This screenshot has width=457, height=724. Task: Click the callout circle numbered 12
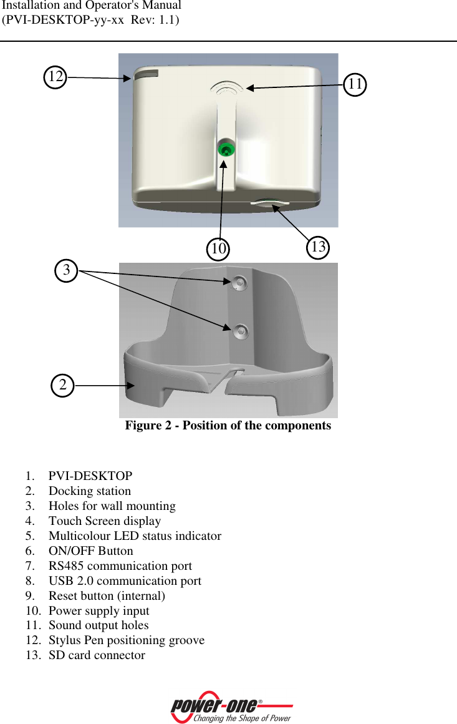55,77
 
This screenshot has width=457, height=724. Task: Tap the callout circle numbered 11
355,84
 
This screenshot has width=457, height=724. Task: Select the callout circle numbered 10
218,248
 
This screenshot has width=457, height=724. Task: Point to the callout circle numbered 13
318,247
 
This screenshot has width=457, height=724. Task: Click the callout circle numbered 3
67,270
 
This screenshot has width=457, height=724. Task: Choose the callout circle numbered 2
62,385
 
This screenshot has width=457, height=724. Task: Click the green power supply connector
225,149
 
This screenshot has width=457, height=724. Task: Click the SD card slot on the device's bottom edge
271,203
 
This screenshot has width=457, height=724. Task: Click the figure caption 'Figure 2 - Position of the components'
228,426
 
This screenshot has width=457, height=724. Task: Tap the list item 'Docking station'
90,491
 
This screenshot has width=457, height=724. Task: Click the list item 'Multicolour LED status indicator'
135,536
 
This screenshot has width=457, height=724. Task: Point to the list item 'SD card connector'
97,655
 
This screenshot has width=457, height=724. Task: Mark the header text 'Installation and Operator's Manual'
92,6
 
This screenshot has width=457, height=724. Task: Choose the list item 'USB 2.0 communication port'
125,581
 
